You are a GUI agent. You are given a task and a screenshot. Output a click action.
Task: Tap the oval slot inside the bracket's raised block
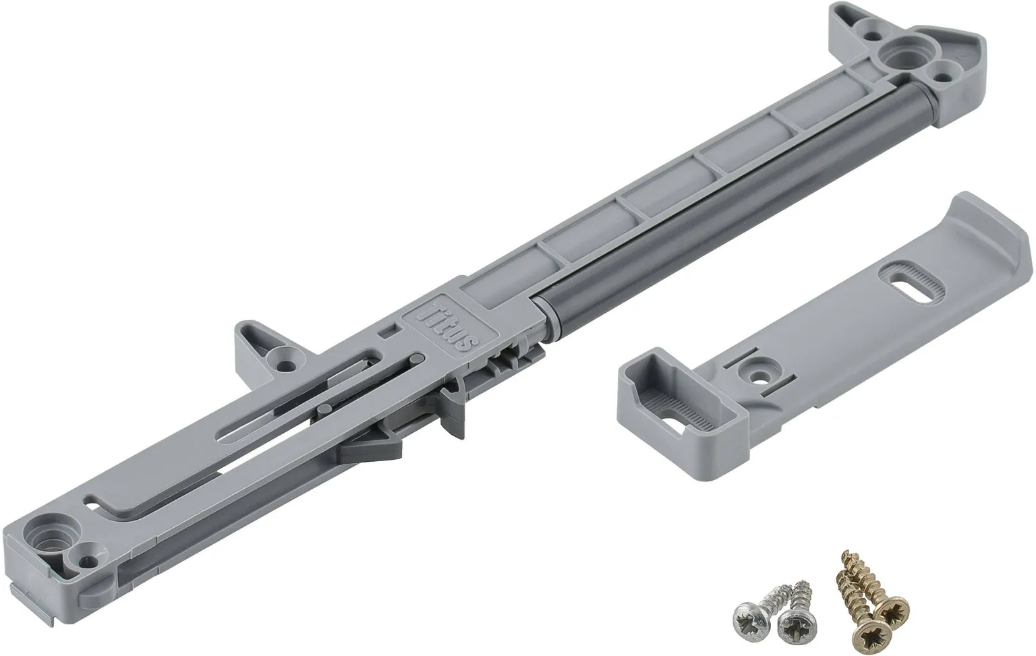tap(682, 422)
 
